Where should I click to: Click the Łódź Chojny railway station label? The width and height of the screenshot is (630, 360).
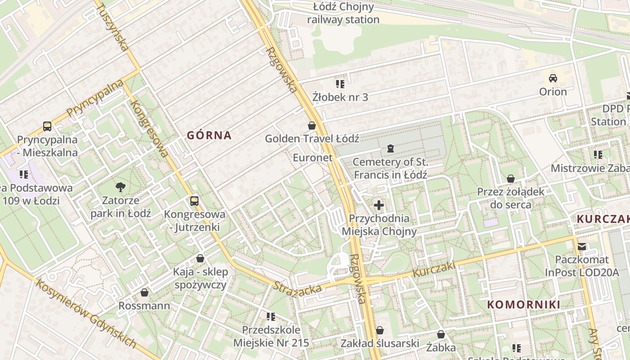coord(343,13)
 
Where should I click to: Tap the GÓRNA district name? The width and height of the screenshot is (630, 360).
coord(209,135)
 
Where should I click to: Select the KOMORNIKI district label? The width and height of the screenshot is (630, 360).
coord(524,305)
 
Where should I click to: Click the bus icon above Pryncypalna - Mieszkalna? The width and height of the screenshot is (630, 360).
coord(47,126)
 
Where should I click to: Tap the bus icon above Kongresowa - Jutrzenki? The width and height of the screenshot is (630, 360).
coord(194,201)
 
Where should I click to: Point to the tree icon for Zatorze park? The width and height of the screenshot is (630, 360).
coord(120,187)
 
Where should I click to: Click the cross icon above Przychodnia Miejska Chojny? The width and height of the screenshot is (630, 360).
coord(379,206)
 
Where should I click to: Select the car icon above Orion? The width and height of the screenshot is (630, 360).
coord(553,78)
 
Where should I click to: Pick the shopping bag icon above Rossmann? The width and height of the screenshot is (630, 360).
coord(144,293)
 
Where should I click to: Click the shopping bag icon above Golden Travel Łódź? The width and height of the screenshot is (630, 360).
coord(312,126)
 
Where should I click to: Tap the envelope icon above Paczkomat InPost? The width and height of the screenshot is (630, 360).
coord(582,246)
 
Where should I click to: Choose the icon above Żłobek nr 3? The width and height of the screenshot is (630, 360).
coord(340,84)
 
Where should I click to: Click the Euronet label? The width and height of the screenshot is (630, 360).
coord(313,157)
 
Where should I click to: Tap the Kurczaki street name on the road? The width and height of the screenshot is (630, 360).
coord(434,270)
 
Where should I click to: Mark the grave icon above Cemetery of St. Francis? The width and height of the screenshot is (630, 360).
coord(390,148)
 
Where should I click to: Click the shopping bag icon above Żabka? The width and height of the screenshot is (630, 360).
coord(441,334)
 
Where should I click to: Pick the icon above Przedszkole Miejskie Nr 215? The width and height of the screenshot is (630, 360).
coord(271,317)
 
